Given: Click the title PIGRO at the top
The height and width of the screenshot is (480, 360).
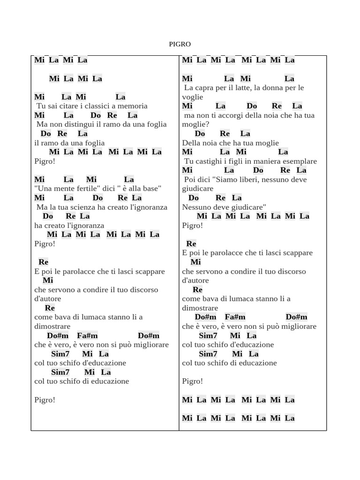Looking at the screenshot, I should click(x=180, y=44).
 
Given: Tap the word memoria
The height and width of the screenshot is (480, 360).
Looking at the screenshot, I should click(x=132, y=106).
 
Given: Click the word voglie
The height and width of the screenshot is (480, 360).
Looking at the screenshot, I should click(x=192, y=97).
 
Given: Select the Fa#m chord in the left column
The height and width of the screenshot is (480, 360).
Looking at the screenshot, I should click(x=87, y=336).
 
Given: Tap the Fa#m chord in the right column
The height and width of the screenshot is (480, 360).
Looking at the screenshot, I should click(x=235, y=317).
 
